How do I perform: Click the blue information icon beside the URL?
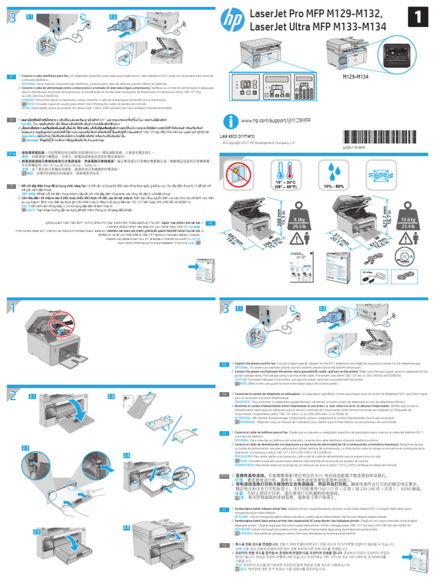229,121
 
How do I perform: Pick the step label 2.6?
127,527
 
